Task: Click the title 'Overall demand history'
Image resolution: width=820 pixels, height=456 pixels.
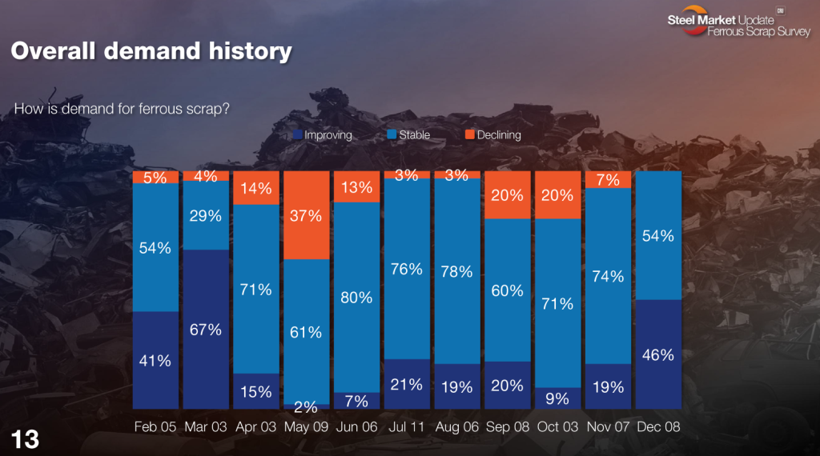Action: point(151,52)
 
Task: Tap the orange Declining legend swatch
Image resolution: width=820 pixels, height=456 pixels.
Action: point(469,135)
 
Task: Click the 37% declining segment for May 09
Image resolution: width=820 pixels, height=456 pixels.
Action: point(306,214)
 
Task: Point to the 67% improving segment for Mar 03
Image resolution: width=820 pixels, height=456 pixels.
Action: point(206,330)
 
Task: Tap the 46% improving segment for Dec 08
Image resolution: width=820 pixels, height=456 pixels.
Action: point(657,354)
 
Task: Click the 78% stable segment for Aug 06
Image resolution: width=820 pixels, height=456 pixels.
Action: point(456,271)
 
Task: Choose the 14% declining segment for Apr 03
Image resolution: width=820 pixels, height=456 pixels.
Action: point(256,188)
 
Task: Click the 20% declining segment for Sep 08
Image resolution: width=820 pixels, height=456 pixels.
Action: point(508,194)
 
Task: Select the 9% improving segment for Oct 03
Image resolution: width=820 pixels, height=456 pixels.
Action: point(557,398)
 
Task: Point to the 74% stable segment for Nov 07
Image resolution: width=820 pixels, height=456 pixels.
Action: point(608,276)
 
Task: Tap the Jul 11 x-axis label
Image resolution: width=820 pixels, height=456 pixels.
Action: point(406,426)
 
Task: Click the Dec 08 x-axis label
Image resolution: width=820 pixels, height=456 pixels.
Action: point(657,426)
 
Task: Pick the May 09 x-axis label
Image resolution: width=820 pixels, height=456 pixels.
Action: point(306,426)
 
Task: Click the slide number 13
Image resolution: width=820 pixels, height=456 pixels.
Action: point(24,438)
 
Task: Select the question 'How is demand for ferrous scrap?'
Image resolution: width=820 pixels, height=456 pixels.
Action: point(123,109)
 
